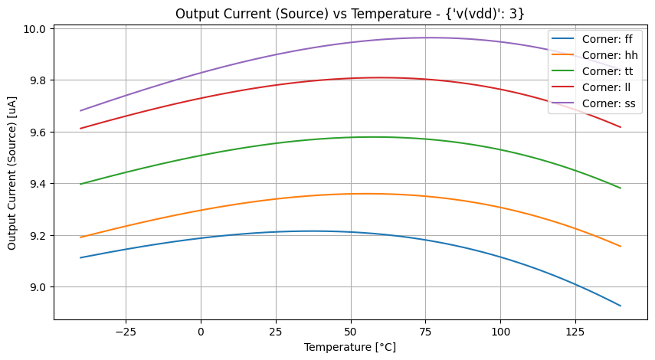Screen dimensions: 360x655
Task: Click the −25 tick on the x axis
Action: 125,332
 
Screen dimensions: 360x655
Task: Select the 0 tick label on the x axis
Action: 201,332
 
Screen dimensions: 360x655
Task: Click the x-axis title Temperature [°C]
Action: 350,347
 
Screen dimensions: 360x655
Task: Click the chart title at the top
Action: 350,13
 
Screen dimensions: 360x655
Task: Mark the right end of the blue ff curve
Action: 621,306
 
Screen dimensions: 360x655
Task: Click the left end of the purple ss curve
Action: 80,110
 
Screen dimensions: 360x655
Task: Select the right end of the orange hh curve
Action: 621,246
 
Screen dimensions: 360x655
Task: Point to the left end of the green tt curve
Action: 80,184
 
